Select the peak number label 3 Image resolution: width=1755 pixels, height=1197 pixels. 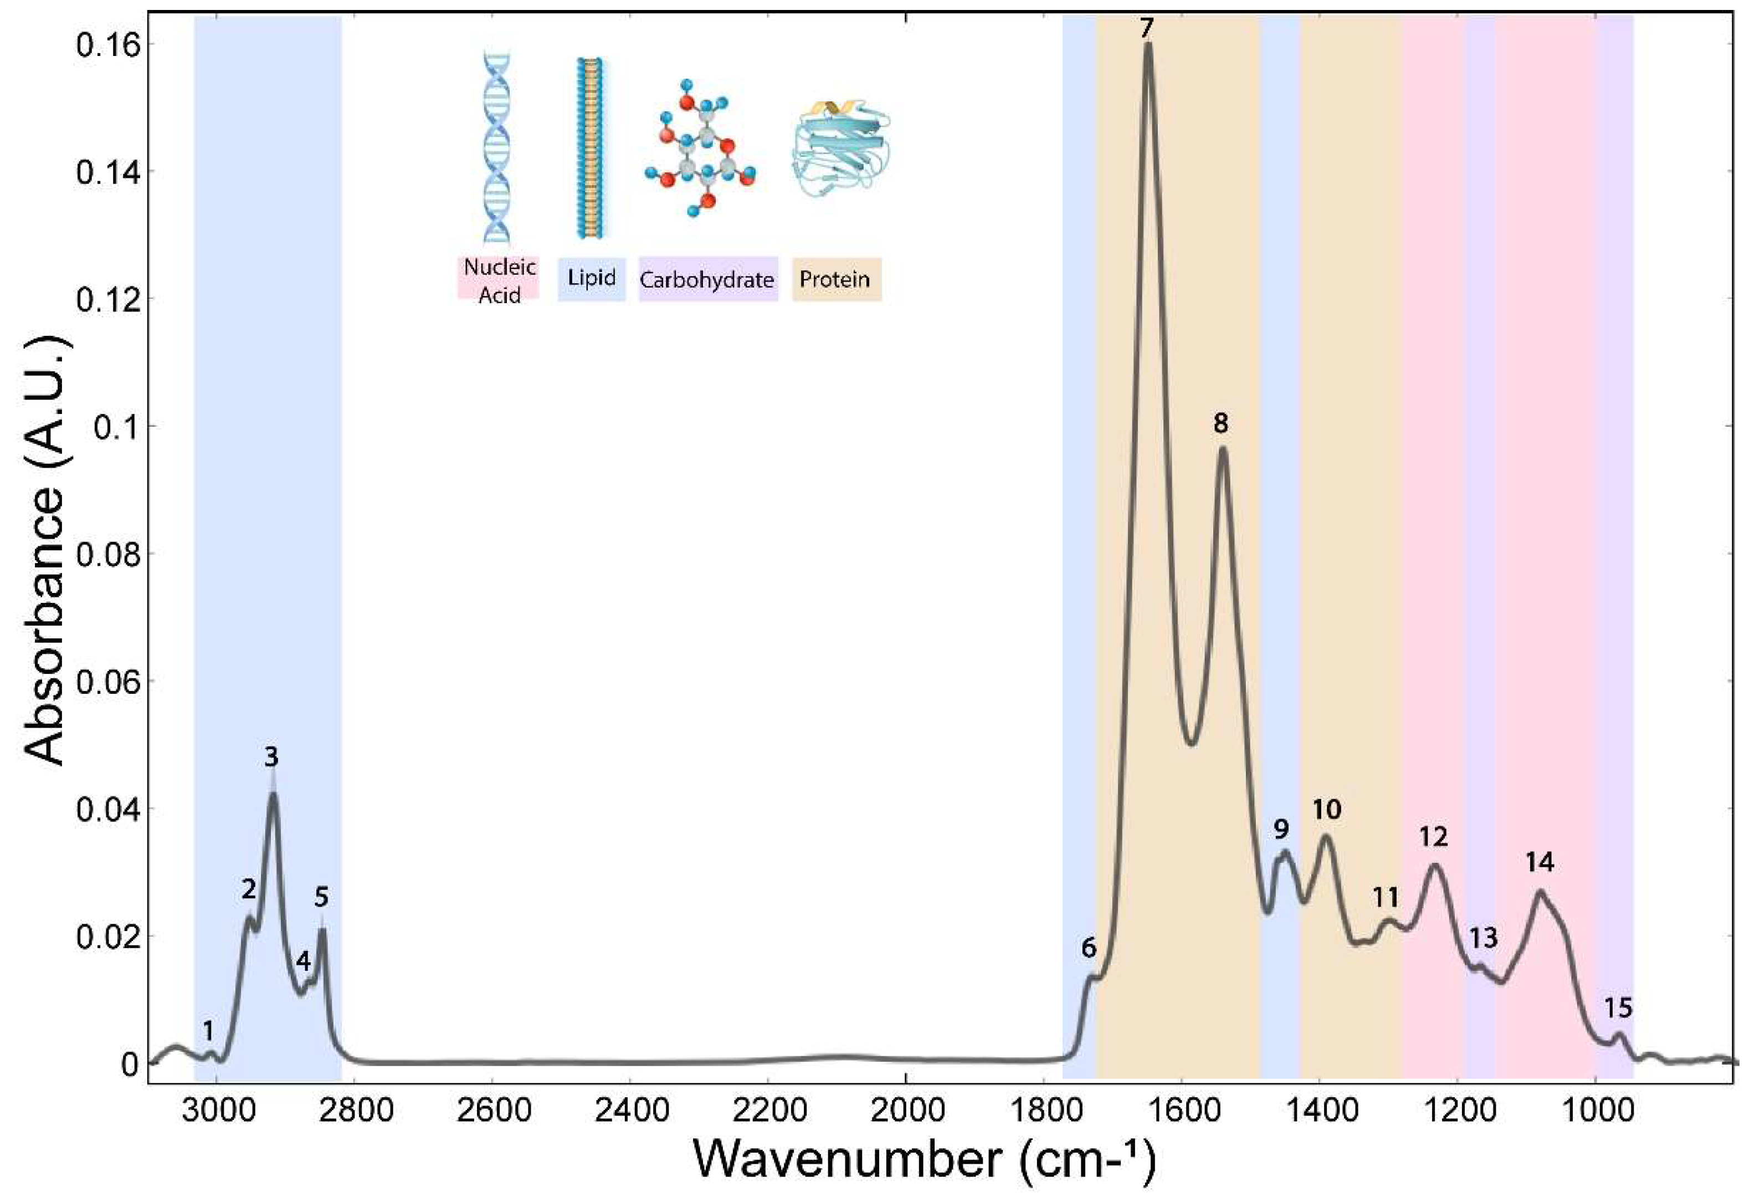(271, 757)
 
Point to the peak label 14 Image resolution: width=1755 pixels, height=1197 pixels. (1539, 862)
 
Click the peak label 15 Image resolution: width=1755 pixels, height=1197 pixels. (1618, 1007)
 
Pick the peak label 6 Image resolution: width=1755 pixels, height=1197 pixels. (1088, 948)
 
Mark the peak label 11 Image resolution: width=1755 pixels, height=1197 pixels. (1385, 897)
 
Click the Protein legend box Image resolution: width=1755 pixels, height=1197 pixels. (835, 279)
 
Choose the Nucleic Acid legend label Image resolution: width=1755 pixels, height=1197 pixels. (499, 280)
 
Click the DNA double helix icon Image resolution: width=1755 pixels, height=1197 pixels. (497, 147)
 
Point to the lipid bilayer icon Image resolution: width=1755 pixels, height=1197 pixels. (591, 147)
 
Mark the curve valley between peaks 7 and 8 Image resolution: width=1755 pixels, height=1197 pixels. (1191, 743)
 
